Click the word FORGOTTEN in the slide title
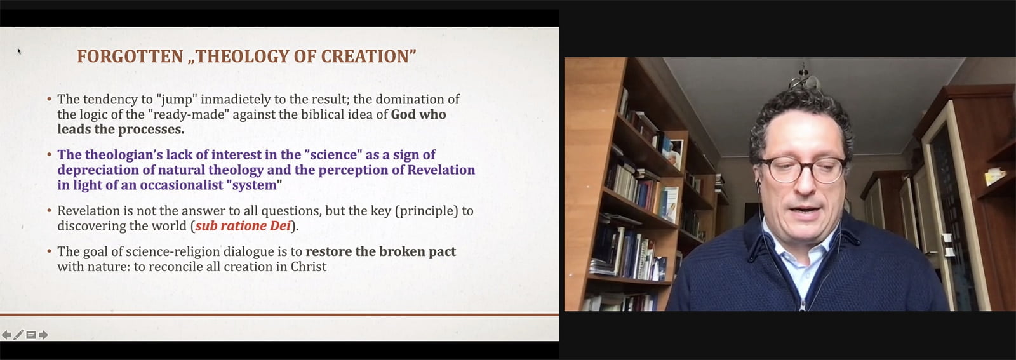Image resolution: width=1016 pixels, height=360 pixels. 130,57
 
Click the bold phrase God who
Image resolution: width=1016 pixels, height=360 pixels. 418,114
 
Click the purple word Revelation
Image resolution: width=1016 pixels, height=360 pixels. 441,170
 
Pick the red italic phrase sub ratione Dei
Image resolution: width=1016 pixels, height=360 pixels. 243,226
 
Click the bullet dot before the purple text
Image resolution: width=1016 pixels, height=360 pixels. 50,155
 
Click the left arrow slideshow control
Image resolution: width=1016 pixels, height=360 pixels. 6,335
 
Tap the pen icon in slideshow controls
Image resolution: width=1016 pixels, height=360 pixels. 18,335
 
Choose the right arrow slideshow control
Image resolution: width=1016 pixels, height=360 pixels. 44,335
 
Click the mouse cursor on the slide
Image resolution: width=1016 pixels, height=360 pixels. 19,51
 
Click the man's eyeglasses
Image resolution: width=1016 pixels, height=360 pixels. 802,169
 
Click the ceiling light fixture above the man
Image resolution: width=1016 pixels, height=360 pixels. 804,78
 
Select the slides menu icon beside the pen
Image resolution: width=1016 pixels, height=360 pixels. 31,335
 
